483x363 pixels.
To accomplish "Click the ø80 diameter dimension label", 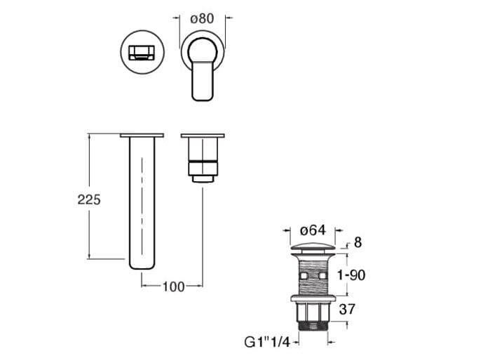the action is point(202,18).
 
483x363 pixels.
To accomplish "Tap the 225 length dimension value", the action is point(89,199).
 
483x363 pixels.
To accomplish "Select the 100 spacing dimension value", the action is point(173,287).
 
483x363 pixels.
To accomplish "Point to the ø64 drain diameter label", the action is point(313,230).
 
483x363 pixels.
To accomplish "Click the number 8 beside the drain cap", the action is point(358,242).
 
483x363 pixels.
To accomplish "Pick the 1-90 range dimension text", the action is point(351,275).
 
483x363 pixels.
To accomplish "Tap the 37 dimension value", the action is point(347,309).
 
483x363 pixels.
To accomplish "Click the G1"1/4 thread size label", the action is point(267,342).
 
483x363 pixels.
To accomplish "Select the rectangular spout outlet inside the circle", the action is point(142,53).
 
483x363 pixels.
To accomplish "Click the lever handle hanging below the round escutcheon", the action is point(203,79).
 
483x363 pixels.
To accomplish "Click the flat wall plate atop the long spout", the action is point(142,135).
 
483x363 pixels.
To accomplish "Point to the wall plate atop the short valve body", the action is point(203,136).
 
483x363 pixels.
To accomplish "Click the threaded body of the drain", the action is point(313,275).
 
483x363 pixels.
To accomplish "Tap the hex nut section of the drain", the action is point(313,312).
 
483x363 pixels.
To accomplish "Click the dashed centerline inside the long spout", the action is point(142,206).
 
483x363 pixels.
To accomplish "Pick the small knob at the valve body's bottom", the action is point(203,179).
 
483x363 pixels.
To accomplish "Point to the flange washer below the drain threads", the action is point(313,298).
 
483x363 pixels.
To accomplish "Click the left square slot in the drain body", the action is point(304,275).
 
